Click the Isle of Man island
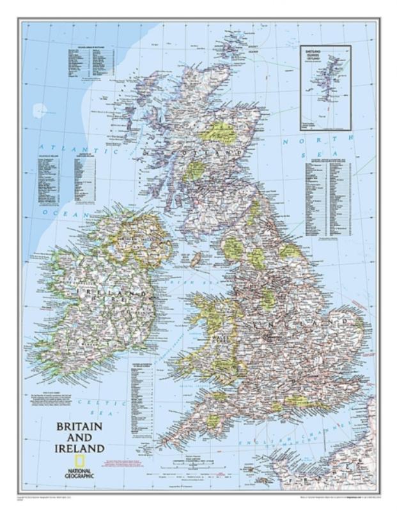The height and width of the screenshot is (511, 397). (196, 259)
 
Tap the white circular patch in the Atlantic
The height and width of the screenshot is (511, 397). (40, 110)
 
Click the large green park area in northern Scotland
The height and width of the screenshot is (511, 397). (221, 132)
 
